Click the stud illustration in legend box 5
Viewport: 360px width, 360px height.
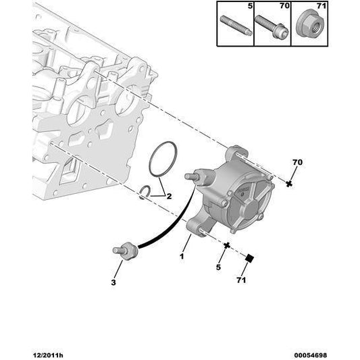point(236,26)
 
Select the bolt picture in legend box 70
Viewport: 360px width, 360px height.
point(272,26)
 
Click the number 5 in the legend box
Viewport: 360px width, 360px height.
point(250,6)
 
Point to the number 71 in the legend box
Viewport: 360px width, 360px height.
point(322,6)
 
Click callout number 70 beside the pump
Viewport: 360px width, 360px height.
point(298,162)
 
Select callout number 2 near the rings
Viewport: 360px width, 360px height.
point(169,197)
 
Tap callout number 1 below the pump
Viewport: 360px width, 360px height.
point(182,256)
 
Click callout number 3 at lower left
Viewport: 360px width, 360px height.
point(113,282)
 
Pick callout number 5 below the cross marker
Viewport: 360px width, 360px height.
point(218,267)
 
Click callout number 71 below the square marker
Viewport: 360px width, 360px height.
point(241,280)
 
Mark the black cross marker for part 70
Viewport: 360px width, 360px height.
point(289,184)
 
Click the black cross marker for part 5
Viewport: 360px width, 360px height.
point(227,245)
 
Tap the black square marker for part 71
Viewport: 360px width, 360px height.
point(249,259)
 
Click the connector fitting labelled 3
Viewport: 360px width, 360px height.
point(126,252)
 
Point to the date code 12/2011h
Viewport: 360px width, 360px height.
point(48,355)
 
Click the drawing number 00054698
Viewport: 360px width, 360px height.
point(311,355)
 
